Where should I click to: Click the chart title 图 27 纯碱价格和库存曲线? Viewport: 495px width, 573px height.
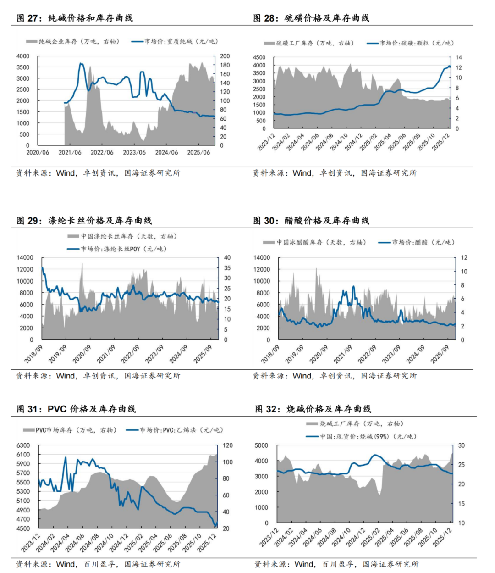pos(75,18)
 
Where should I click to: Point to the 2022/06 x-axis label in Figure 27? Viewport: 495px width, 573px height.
pos(102,153)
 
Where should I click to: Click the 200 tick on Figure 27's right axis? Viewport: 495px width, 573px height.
pos(225,56)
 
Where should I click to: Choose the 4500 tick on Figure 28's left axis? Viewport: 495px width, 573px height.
pos(259,57)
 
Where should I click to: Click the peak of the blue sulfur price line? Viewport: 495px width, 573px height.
pos(449,66)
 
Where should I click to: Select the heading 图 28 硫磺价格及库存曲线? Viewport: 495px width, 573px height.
pos(311,18)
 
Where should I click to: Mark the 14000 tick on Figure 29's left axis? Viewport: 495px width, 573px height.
pos(25,257)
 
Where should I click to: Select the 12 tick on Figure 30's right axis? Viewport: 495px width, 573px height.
pos(464,257)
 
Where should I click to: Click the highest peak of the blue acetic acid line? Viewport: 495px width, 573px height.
pos(353,287)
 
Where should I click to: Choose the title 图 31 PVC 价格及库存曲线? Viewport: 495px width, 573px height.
pos(76,409)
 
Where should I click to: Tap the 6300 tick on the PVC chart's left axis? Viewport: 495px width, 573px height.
pos(23,445)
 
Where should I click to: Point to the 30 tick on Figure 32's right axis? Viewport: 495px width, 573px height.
pos(462,445)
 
